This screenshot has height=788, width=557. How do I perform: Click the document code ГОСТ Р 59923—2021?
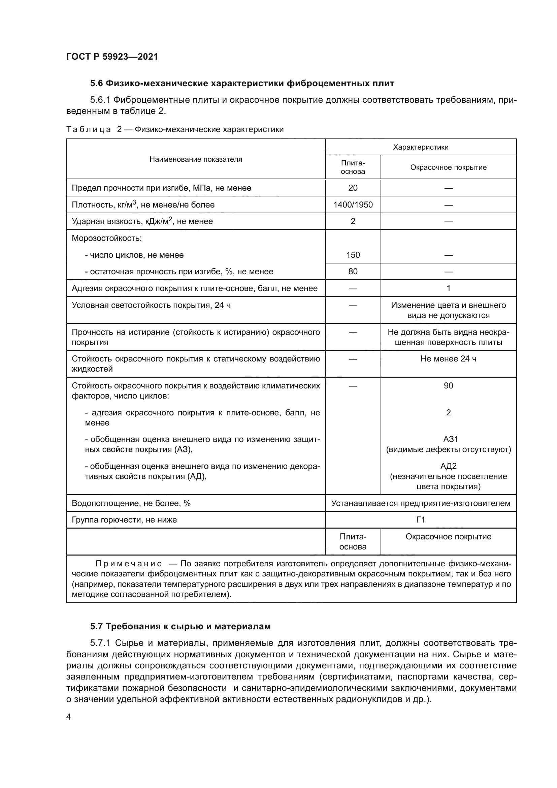pos(112,57)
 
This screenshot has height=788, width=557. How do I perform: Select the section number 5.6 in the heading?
pos(96,84)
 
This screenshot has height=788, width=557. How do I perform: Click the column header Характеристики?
pos(421,147)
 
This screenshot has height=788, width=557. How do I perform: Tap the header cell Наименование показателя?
pos(196,159)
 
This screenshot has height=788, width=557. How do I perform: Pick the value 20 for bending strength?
pos(353,188)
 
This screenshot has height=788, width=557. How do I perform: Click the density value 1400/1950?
pos(353,205)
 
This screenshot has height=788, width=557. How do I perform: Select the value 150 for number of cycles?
pos(353,255)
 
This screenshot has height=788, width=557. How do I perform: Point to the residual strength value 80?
pos(353,272)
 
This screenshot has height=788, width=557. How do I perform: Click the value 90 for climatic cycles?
pos(448,386)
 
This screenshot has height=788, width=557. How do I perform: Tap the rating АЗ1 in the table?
pos(448,439)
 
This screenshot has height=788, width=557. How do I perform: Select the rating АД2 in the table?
pos(448,466)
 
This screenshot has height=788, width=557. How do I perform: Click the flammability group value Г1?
pos(421,520)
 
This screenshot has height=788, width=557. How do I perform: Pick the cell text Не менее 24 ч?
pos(448,359)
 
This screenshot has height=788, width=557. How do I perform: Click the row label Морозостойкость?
pos(107,238)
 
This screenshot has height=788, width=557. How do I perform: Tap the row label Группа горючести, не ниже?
pos(124,520)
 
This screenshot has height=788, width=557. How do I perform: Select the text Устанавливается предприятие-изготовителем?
pos(421,503)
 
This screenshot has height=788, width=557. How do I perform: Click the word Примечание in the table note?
pos(129,564)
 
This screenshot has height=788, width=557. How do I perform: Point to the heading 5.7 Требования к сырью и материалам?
pos(181,626)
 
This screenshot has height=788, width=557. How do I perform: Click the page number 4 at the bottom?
pos(68,717)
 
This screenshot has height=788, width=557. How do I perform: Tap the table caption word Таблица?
pos(89,129)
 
